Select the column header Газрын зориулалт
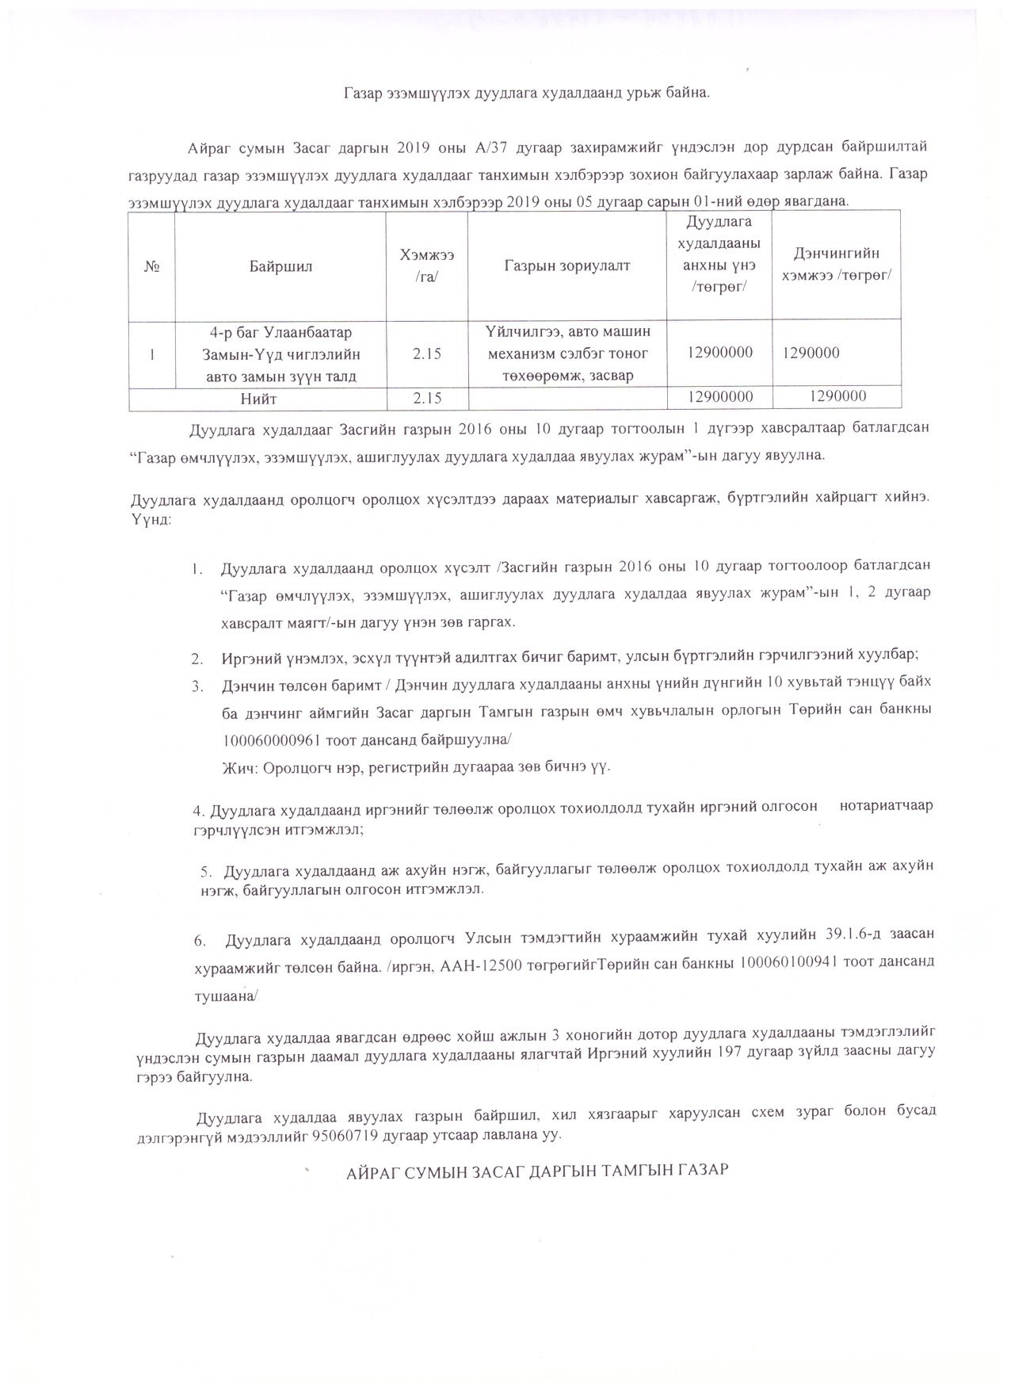(x=567, y=266)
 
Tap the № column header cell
(x=152, y=266)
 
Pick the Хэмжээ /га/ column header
(x=428, y=266)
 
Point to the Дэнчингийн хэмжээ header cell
(x=837, y=264)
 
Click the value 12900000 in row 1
(x=720, y=353)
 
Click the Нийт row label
(x=259, y=398)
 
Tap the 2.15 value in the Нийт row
(x=428, y=398)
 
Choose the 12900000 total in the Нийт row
(x=720, y=397)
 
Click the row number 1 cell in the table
(x=151, y=353)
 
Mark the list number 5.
(x=204, y=870)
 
